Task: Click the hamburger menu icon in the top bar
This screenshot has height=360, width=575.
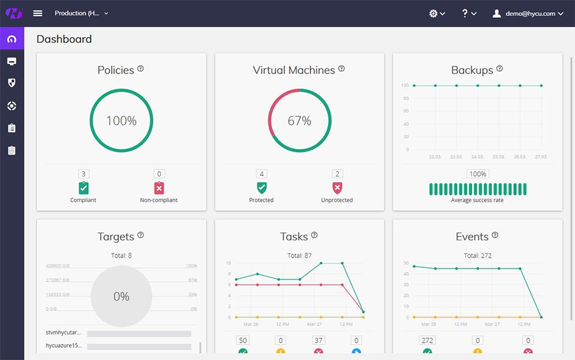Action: (38, 13)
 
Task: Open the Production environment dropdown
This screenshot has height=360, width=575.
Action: (81, 13)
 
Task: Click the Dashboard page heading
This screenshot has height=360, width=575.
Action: (64, 39)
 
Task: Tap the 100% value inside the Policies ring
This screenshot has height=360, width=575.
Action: (121, 121)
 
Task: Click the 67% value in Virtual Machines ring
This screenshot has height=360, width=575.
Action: (299, 121)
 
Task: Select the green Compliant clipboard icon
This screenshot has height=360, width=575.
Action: (84, 188)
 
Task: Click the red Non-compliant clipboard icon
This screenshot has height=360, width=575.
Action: (159, 188)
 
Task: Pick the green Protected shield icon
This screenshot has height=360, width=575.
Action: (261, 188)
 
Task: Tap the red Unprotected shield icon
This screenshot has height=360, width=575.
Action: (337, 188)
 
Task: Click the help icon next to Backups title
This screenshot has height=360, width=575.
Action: (500, 69)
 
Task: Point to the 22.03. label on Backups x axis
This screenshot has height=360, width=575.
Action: (435, 157)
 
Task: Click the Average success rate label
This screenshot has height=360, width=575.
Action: (477, 200)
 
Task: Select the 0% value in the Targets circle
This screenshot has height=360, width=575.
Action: (121, 297)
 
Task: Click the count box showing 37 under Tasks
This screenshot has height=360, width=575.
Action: (318, 340)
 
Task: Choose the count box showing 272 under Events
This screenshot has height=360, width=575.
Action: (427, 340)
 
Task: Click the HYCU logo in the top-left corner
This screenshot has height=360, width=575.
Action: (12, 13)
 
